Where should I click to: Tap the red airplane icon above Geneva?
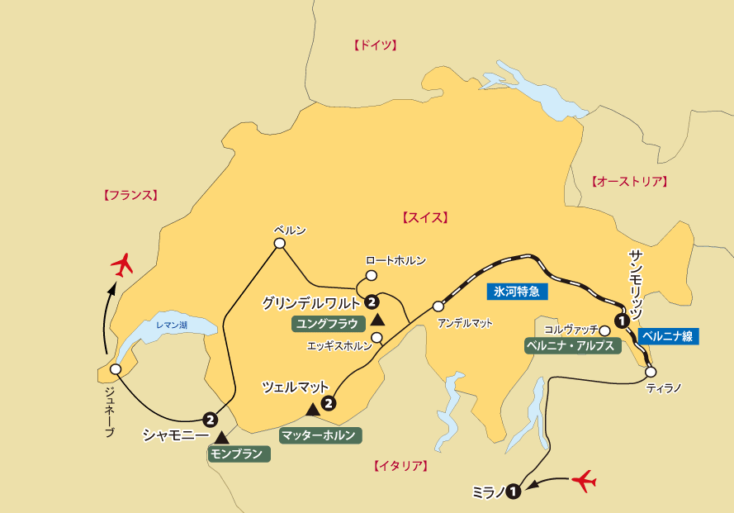coord(123,266)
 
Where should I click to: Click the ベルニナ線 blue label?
coord(665,336)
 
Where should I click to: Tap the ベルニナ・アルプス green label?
coord(571,345)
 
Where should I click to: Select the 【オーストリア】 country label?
coord(629,182)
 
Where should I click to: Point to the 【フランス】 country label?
coord(130,196)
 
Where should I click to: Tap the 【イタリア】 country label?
coord(400,466)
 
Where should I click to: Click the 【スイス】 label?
coord(424,218)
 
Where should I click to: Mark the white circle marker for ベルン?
coord(279,243)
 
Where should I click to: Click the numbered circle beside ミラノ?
coord(514,492)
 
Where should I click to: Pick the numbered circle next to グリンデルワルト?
coord(372,302)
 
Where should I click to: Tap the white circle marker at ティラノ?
coord(651,372)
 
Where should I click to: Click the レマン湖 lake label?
coord(171,325)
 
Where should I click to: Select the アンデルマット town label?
coord(465,323)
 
